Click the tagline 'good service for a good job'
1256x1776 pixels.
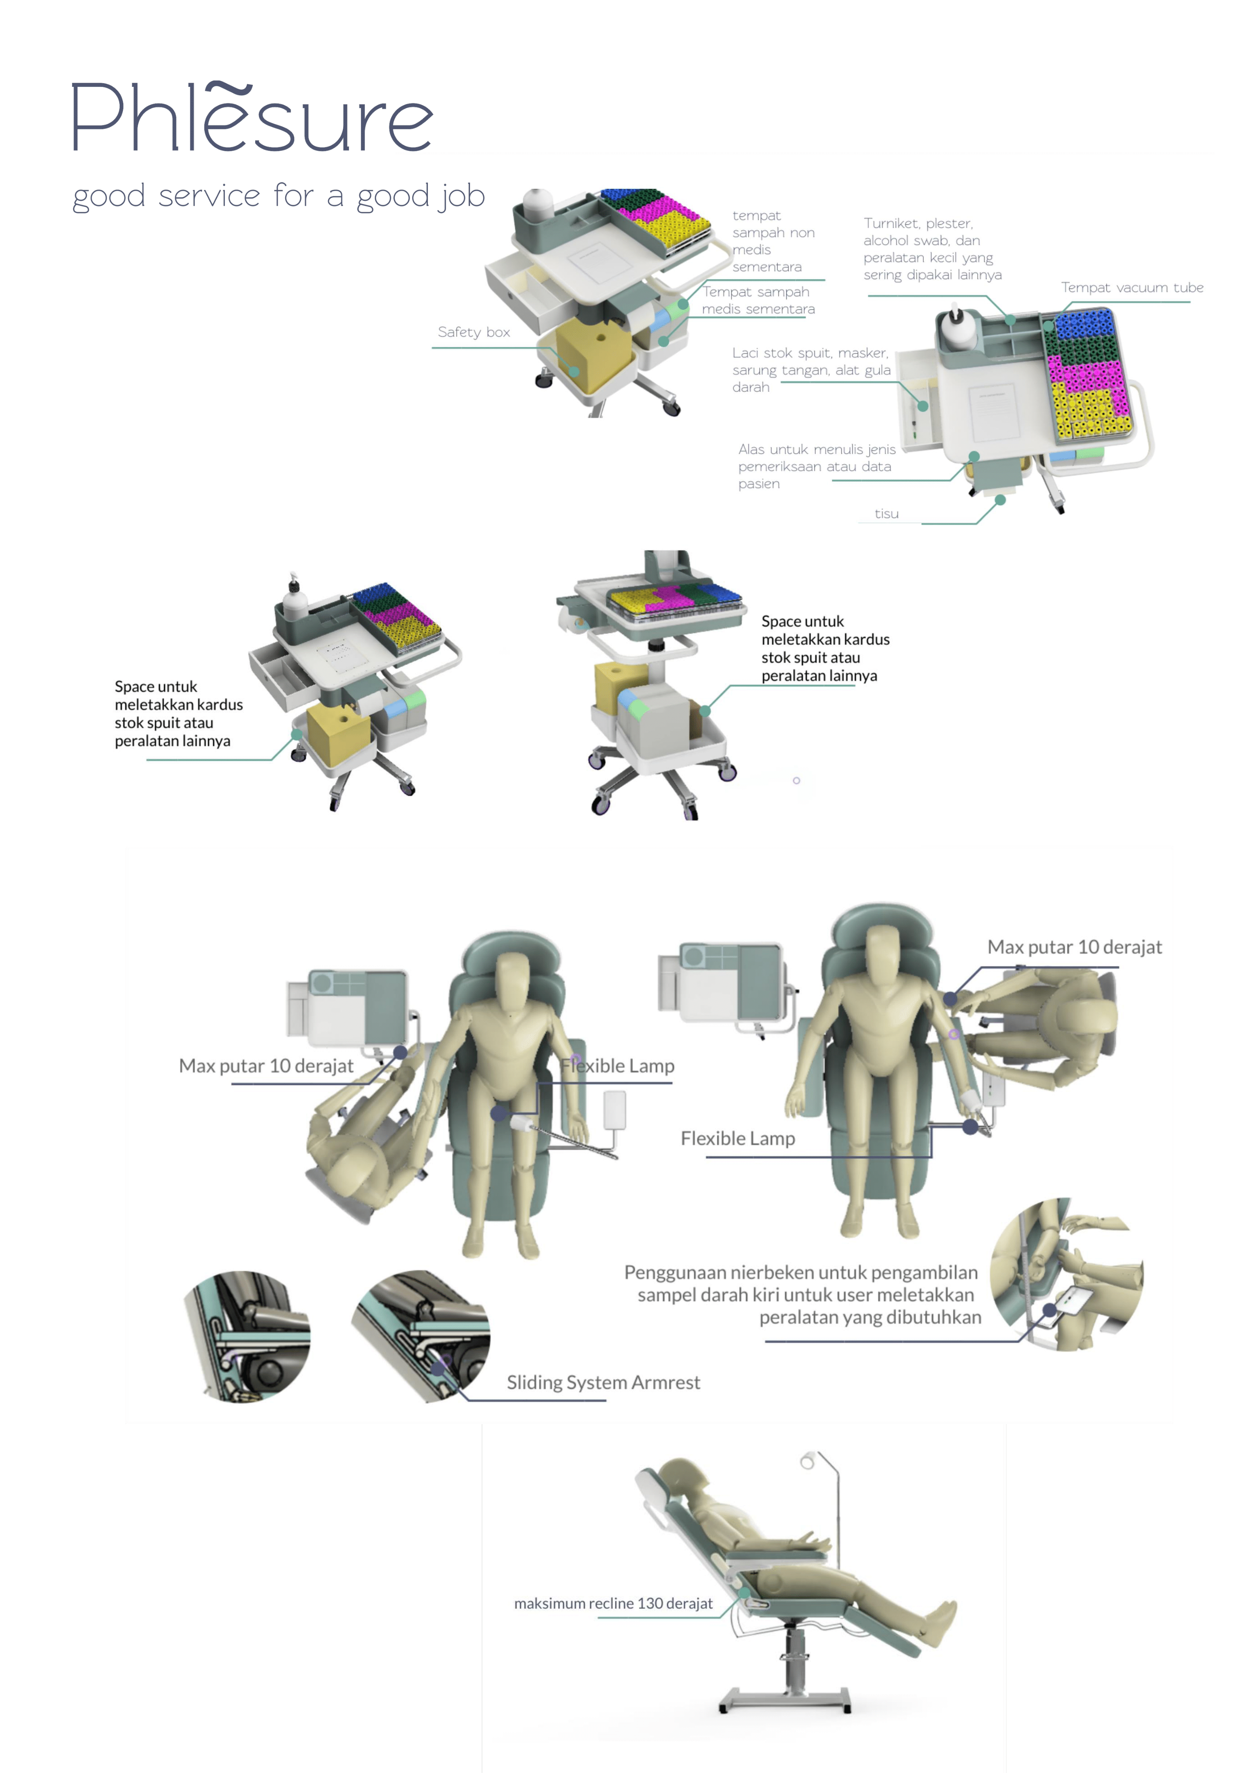tap(278, 197)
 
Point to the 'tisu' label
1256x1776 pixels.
tap(886, 514)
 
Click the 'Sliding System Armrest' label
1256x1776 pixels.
tap(603, 1382)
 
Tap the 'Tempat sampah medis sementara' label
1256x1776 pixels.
tap(758, 300)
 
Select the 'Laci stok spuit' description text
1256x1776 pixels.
tap(811, 370)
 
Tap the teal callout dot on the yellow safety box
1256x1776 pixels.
tap(574, 372)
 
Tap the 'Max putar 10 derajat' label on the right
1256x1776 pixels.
tap(1074, 947)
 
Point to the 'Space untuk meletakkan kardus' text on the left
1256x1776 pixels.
tap(179, 713)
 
